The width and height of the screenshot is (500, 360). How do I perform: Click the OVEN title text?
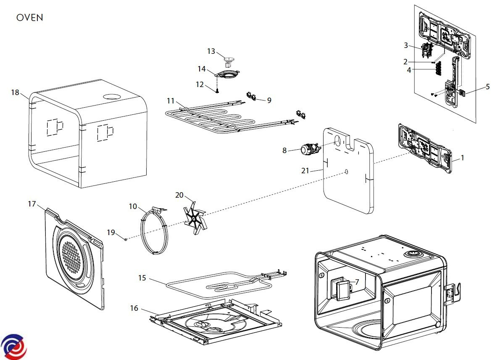(29, 18)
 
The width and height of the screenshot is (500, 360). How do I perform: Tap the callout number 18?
(15, 93)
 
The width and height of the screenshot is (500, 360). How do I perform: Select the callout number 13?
(211, 51)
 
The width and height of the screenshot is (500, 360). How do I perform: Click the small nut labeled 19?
(126, 239)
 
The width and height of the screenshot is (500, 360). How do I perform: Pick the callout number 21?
(306, 170)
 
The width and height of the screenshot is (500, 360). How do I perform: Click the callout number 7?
(357, 282)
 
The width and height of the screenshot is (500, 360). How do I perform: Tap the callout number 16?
(134, 308)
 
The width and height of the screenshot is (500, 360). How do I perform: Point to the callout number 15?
(142, 278)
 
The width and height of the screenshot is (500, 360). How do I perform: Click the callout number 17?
(32, 204)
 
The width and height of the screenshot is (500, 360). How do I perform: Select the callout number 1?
(463, 158)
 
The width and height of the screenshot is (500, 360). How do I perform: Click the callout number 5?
(487, 87)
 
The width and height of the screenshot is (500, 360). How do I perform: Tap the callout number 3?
(406, 45)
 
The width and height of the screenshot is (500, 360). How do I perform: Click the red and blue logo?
(13, 347)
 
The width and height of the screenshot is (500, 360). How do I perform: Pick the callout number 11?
(170, 101)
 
